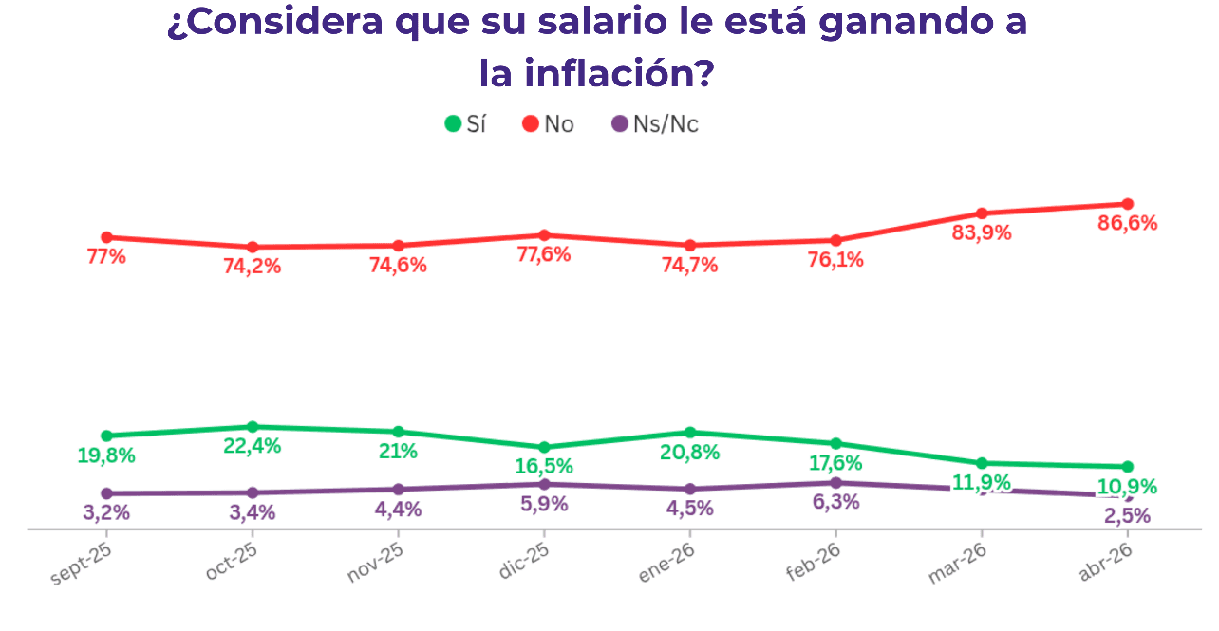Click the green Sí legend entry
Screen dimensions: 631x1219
click(465, 124)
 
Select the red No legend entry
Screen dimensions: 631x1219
click(549, 124)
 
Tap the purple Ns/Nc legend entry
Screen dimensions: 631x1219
click(655, 124)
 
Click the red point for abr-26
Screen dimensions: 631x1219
click(1128, 204)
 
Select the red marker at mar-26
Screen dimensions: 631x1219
click(982, 213)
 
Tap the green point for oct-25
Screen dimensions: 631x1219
click(253, 427)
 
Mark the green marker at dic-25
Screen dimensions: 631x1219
click(544, 447)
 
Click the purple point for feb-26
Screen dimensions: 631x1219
click(835, 483)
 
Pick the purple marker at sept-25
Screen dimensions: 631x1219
click(106, 493)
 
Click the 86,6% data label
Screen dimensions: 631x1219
click(1127, 224)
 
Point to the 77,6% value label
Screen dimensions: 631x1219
click(542, 254)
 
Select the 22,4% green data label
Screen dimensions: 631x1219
click(252, 447)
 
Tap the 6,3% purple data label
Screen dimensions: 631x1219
click(835, 502)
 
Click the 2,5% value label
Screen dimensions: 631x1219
click(1127, 516)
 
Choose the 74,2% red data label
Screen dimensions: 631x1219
click(252, 267)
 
